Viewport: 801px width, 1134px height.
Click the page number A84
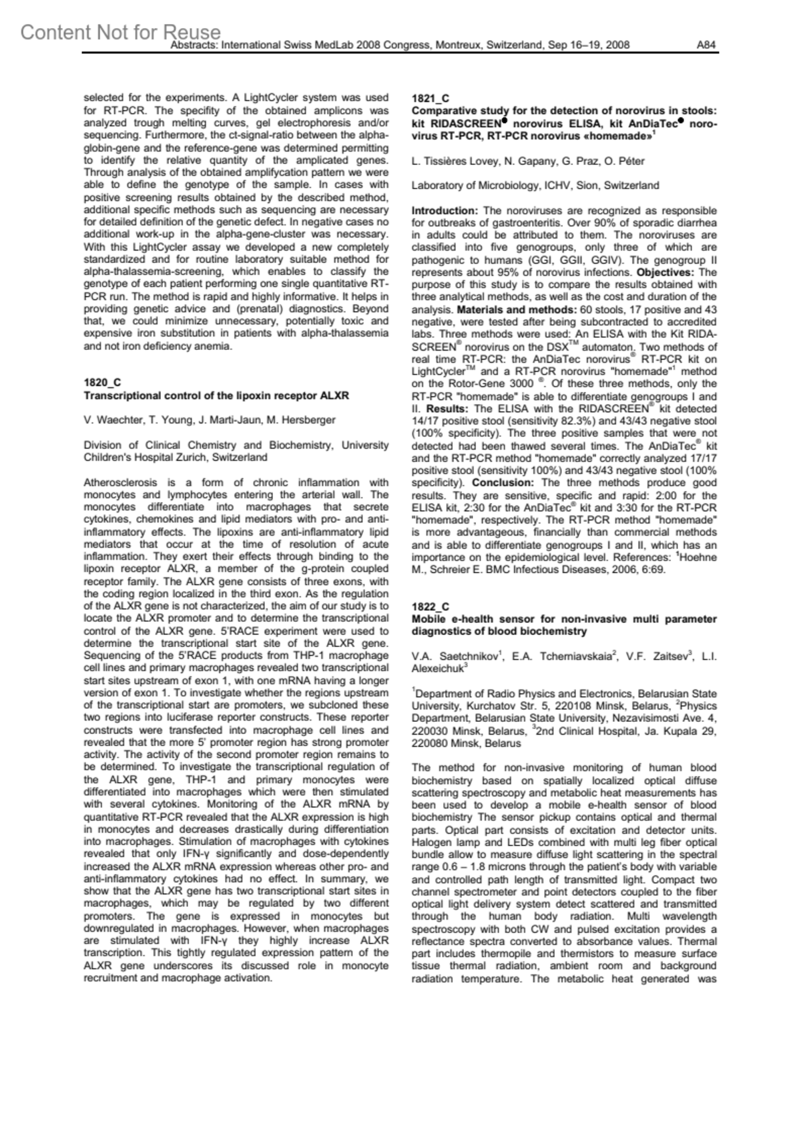coord(706,45)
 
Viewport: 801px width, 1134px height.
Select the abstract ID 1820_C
coord(102,383)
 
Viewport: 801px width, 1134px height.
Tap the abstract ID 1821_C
coord(431,99)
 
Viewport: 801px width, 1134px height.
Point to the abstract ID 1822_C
coord(431,606)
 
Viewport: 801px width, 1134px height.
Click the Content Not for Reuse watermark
coord(120,32)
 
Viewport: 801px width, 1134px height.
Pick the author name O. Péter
coord(627,161)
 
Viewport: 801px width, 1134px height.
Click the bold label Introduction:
coord(445,210)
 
